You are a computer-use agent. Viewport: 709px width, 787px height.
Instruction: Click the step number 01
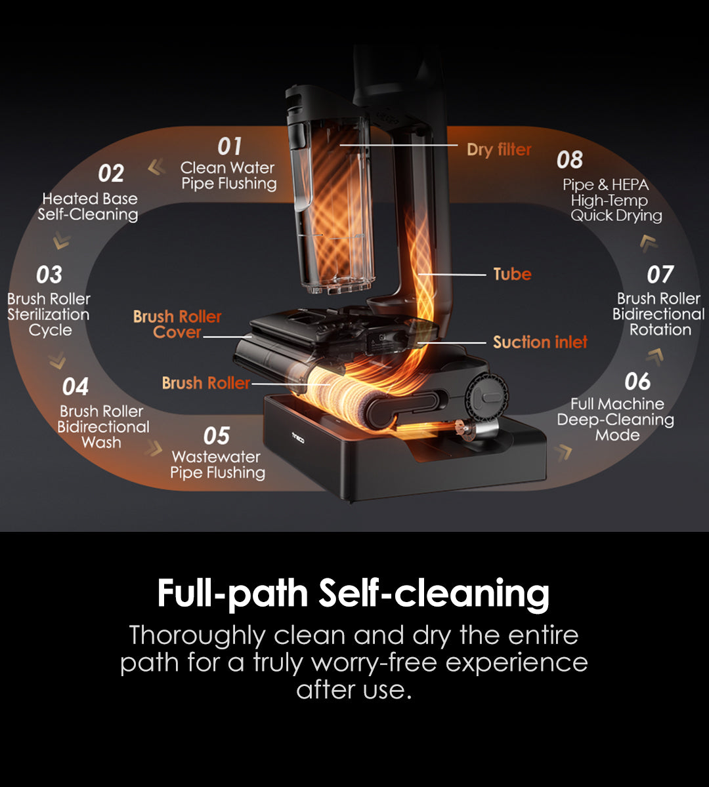tap(230, 147)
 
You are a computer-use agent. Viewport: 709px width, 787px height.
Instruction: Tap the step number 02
tap(111, 173)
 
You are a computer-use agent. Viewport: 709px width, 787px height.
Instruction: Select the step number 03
tap(49, 275)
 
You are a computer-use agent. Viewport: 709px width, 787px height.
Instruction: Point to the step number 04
tap(75, 387)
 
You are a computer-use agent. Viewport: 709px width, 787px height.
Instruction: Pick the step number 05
tap(217, 436)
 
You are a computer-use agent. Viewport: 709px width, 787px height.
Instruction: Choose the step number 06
tap(637, 381)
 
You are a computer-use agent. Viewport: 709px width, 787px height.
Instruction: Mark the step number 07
tap(660, 275)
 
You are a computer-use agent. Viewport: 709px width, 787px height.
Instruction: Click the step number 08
tap(570, 159)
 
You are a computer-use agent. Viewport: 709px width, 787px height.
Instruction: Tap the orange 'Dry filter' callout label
tap(499, 150)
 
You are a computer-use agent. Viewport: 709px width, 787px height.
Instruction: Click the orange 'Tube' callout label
tap(512, 274)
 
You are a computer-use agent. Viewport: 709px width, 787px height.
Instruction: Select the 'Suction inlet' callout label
tap(540, 342)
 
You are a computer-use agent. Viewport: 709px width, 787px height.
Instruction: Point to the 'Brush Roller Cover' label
tap(177, 325)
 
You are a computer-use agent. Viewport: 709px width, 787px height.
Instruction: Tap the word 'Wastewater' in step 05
tap(216, 457)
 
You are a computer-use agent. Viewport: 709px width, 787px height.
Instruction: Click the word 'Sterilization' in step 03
tap(49, 315)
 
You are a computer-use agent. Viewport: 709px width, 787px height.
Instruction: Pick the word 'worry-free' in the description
tap(374, 663)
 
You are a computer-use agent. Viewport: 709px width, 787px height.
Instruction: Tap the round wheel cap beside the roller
tap(486, 396)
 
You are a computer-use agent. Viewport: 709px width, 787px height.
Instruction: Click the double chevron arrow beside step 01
tap(156, 167)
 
